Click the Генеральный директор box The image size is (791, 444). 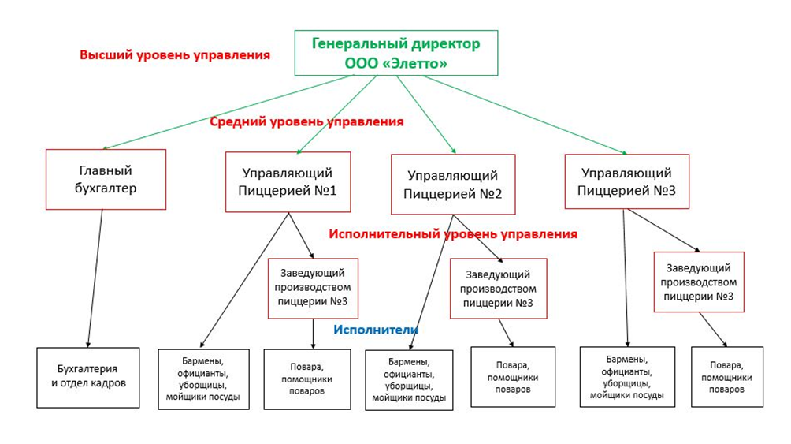coord(396,53)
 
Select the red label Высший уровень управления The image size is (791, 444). coord(175,55)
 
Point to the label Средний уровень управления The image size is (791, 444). coord(306,121)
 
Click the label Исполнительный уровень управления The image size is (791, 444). coord(453,234)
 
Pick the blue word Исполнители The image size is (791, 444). coord(376,330)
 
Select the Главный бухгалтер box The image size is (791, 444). coord(106,179)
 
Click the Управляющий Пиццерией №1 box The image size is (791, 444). coord(288,182)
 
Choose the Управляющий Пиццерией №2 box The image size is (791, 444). coord(453,185)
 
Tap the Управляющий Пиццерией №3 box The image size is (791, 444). coord(626,181)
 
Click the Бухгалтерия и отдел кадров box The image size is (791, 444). coord(88,377)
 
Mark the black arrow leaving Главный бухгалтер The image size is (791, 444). coord(95,278)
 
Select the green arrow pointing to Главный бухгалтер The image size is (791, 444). coord(228,112)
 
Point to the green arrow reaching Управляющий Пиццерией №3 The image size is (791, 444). coord(525,114)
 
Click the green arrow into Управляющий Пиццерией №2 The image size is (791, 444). coord(426,114)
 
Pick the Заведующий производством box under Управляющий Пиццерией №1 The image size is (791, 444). coord(313,289)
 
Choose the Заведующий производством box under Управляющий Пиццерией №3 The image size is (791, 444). coord(699,282)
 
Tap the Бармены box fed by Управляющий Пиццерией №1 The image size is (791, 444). coord(204,379)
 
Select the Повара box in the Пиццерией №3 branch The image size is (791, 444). coord(727,377)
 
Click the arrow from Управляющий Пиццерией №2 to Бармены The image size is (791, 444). coord(431,282)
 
